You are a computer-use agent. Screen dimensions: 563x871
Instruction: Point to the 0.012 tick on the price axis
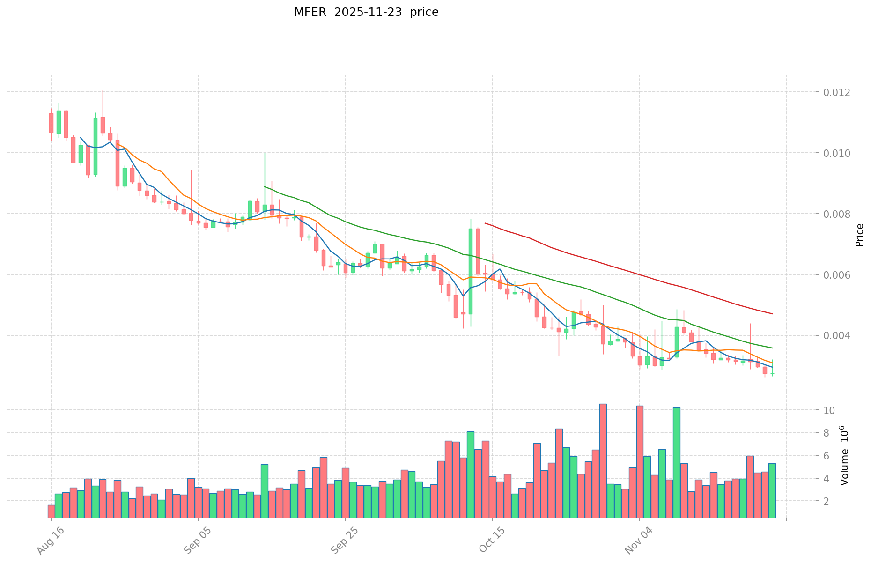click(x=837, y=92)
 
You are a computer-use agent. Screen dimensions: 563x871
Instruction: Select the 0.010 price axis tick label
click(x=837, y=153)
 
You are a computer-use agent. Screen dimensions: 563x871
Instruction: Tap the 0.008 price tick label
click(x=837, y=214)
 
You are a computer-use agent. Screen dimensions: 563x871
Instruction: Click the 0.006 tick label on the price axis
click(x=837, y=275)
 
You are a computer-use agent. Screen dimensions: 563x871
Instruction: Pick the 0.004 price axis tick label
click(x=837, y=336)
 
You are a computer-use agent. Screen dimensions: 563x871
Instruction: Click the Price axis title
click(x=859, y=235)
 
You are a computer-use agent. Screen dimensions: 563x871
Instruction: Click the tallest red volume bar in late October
click(x=603, y=461)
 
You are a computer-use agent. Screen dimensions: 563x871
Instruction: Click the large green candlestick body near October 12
click(x=471, y=271)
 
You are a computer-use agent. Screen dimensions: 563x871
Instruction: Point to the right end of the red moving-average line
click(x=772, y=313)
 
